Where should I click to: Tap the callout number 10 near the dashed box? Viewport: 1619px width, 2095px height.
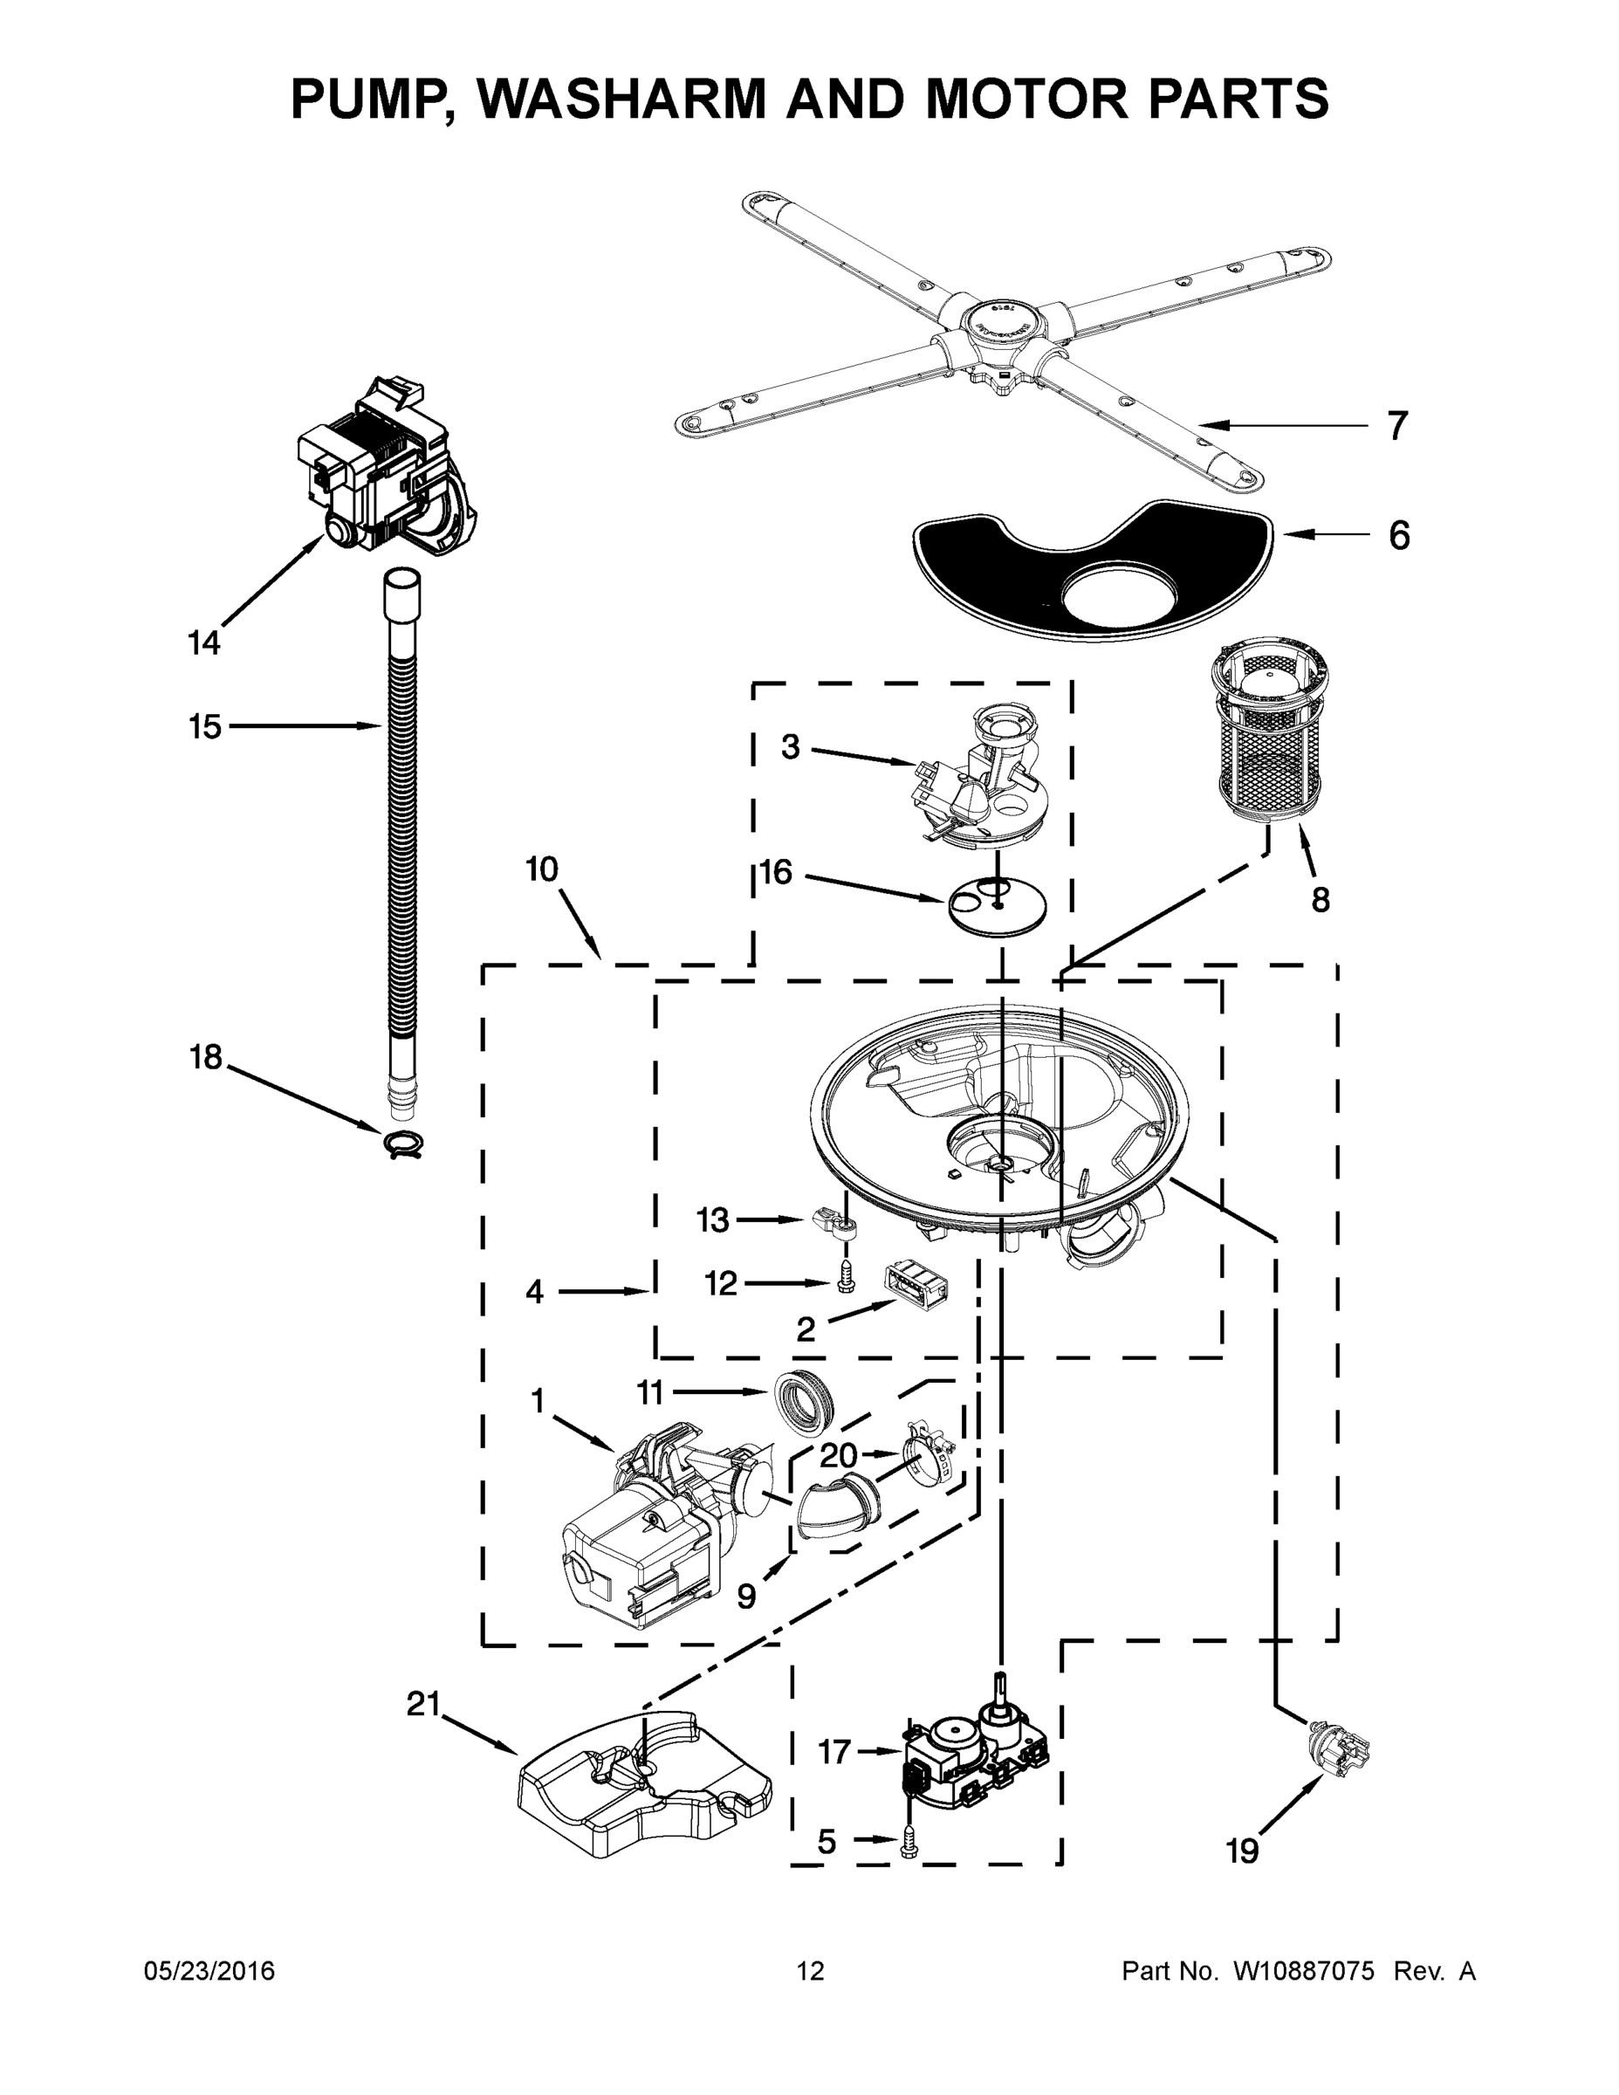[x=542, y=869]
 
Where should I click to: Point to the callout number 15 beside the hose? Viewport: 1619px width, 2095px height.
[x=205, y=726]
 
